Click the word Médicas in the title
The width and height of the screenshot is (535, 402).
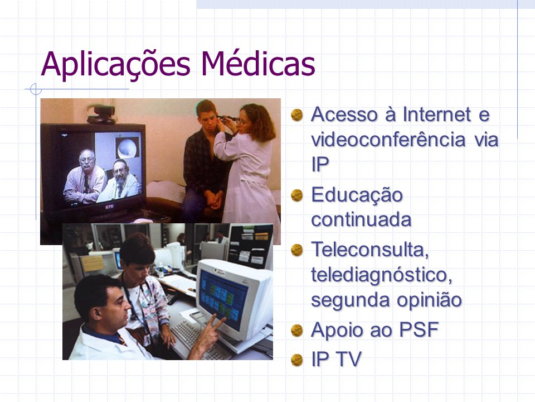[258, 64]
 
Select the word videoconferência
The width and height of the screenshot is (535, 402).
[388, 140]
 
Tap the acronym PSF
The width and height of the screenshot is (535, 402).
[419, 330]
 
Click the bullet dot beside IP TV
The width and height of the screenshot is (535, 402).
[297, 360]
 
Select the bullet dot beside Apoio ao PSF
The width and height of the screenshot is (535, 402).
[297, 331]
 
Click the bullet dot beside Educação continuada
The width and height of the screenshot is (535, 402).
[297, 195]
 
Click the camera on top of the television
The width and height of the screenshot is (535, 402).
[101, 114]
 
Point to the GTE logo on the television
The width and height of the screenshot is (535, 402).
[109, 207]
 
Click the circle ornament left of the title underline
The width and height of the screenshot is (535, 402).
[36, 89]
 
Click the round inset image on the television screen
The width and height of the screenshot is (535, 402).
[128, 147]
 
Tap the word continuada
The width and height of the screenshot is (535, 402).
[361, 220]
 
